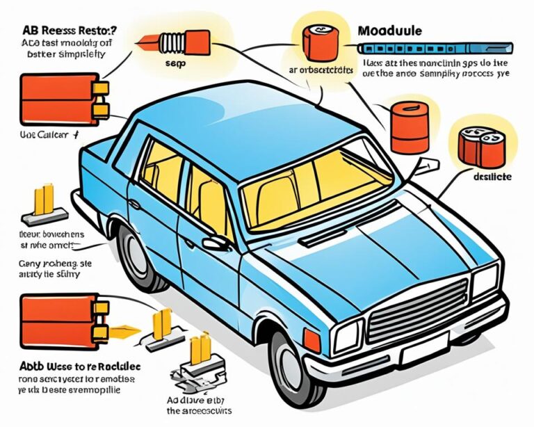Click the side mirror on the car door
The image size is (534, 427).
[x=216, y=243]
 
